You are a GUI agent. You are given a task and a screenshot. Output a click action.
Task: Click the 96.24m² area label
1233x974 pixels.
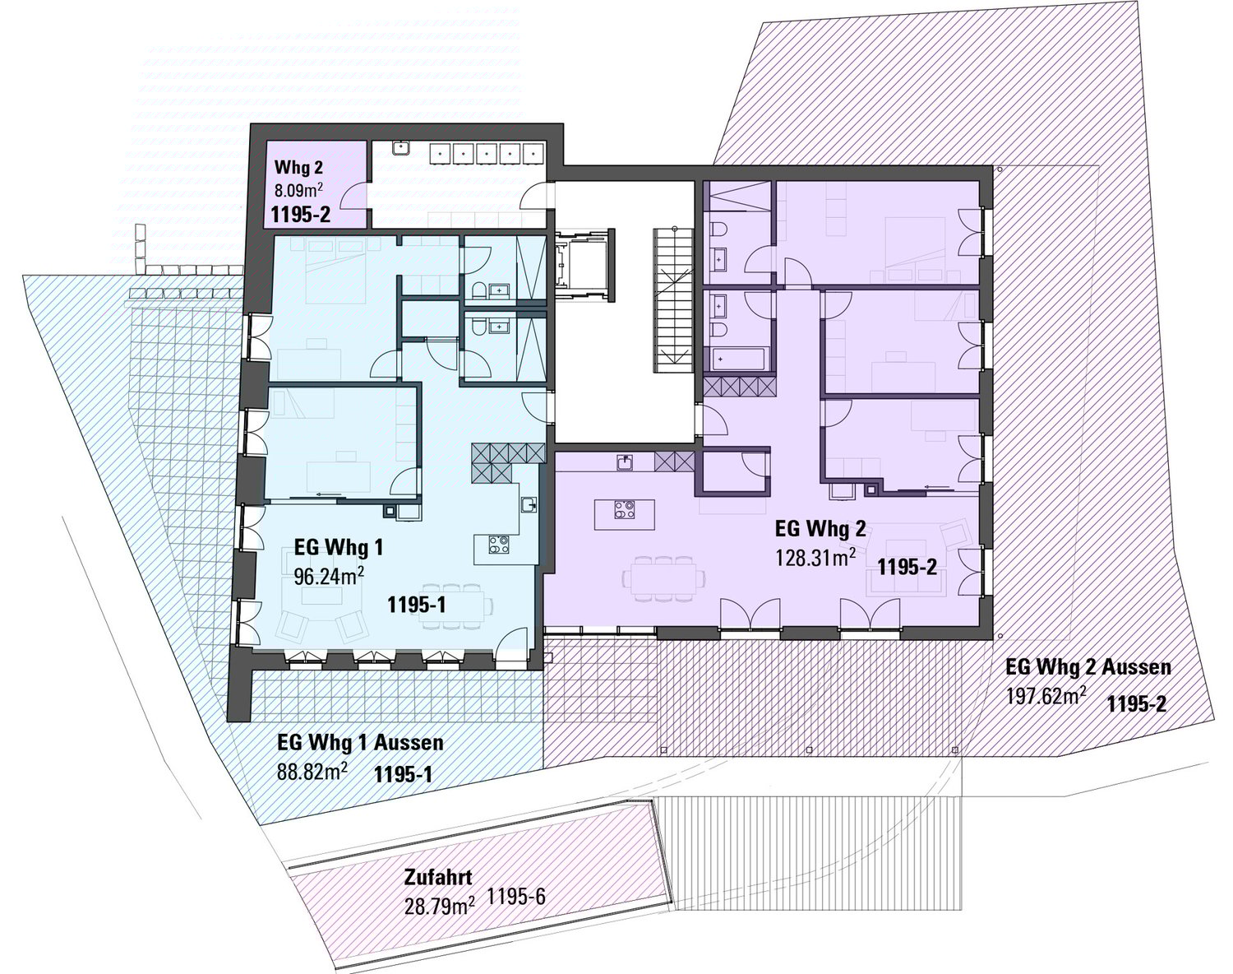(x=329, y=576)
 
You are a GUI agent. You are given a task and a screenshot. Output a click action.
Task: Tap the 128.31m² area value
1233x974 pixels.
(x=816, y=557)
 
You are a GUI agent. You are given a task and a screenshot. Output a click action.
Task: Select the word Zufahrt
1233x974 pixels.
(x=438, y=877)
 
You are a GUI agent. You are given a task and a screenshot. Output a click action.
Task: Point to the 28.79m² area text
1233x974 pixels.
(x=440, y=907)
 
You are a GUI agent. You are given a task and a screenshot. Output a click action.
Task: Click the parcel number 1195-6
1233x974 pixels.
(x=515, y=896)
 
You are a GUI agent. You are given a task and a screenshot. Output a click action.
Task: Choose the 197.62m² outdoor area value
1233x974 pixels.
(x=1046, y=697)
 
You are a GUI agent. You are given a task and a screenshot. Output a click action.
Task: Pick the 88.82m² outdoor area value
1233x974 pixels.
(x=312, y=771)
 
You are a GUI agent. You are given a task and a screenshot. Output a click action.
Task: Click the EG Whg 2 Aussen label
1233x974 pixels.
(x=1088, y=667)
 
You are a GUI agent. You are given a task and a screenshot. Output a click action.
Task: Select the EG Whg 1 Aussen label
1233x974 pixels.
(x=360, y=742)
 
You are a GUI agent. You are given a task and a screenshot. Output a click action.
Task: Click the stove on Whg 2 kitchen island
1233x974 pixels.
(x=624, y=509)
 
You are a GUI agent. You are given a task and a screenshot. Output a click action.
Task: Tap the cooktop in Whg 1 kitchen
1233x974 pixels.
(x=498, y=545)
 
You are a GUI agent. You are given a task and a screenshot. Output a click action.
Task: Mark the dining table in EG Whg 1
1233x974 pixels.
(x=456, y=606)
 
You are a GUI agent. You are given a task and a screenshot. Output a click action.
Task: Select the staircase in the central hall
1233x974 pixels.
(x=674, y=300)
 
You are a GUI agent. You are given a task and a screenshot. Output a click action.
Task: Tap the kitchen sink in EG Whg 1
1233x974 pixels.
(x=529, y=505)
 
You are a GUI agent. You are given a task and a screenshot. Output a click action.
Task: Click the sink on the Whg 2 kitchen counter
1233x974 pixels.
(x=625, y=462)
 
